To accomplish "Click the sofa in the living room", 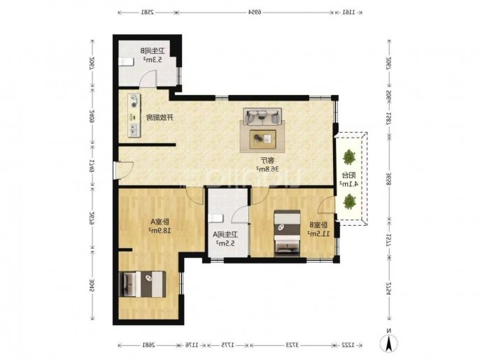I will pyautogui.click(x=262, y=117).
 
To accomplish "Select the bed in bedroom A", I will pyautogui.click(x=144, y=285).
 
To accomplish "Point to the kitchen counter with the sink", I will pyautogui.click(x=133, y=116).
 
